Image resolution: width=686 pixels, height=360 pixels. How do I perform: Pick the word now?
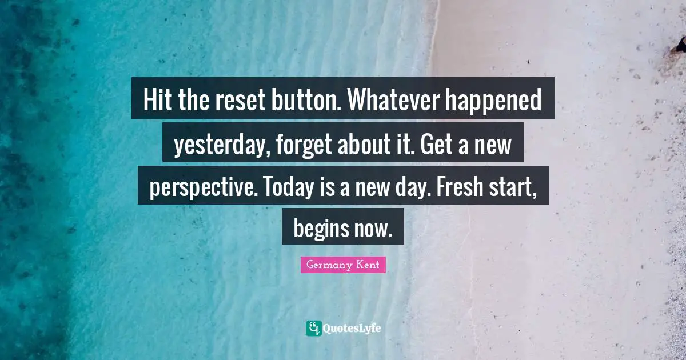pos(372,229)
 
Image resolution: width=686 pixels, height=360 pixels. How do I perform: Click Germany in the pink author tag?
pos(329,265)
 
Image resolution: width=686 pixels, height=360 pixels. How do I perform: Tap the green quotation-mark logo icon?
pos(313,328)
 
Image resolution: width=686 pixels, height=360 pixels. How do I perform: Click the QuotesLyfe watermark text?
pos(352,328)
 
